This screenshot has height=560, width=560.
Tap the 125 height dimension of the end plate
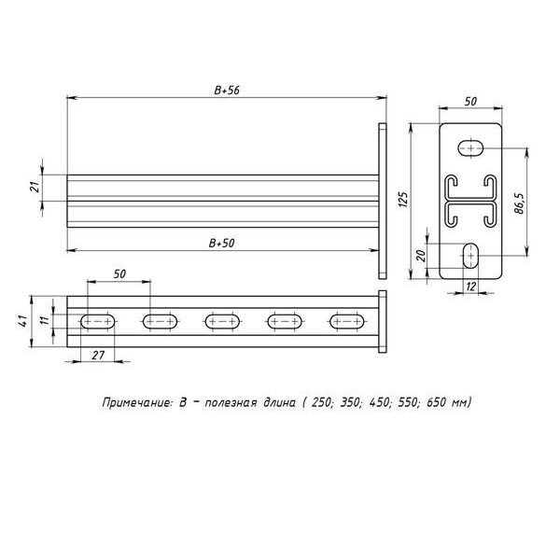[x=404, y=199]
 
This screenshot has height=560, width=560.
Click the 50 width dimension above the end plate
[x=472, y=101]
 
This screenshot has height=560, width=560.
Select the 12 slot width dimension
[x=471, y=287]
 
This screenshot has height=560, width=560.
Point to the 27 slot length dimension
[x=96, y=356]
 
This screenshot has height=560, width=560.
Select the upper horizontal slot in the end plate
[x=472, y=147]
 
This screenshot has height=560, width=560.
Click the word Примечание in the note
[x=137, y=404]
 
